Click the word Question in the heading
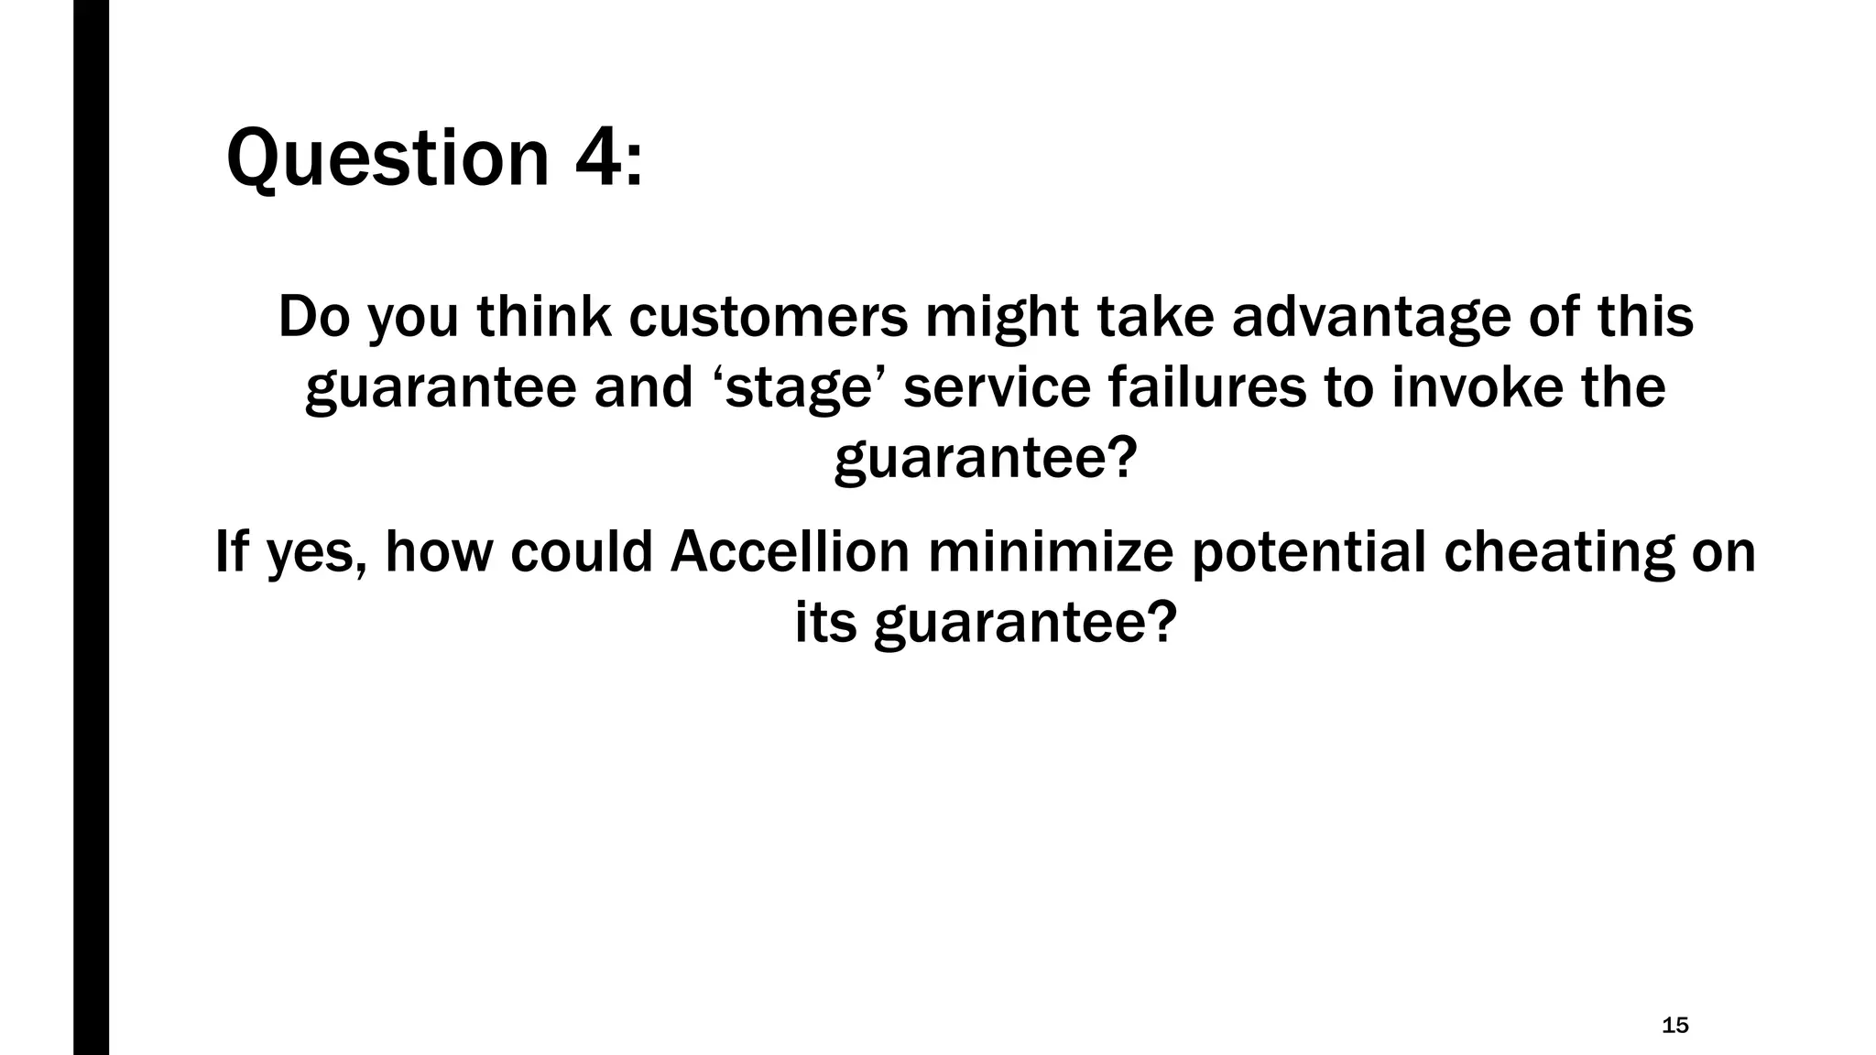click(x=387, y=158)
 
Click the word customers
click(x=769, y=317)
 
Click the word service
click(x=997, y=387)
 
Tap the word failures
click(x=1206, y=387)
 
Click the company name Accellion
click(x=790, y=552)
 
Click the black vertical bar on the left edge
click(x=91, y=527)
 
